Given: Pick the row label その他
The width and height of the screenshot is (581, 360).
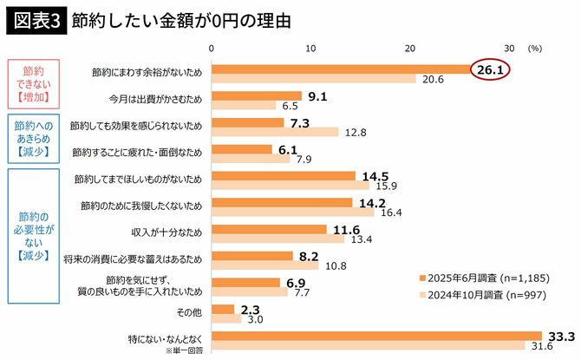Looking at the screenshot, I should (x=188, y=311).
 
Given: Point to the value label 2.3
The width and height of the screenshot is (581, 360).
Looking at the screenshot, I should (x=251, y=308).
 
